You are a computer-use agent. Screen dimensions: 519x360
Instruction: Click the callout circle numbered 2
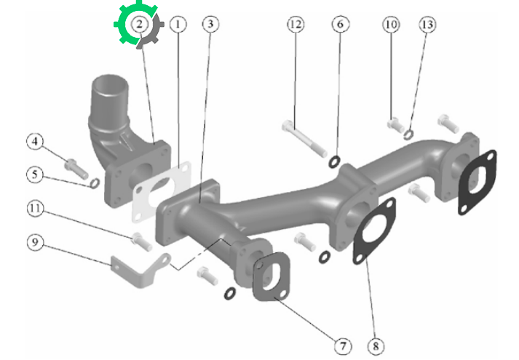coord(139,24)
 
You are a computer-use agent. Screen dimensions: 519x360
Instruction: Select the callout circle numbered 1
coord(178,24)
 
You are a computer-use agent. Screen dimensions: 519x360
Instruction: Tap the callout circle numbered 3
coord(210,24)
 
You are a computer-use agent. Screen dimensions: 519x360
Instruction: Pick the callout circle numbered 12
coord(296,25)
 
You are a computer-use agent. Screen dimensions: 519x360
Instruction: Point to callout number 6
coord(341,24)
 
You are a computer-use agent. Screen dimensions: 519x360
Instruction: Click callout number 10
coord(391,25)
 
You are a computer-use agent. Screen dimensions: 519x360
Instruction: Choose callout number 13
coord(427,25)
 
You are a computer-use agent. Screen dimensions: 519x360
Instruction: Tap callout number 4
coord(35,142)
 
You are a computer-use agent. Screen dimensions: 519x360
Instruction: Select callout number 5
coord(35,175)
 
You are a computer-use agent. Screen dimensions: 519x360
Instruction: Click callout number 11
coord(35,209)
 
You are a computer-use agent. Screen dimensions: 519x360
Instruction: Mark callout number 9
coord(35,243)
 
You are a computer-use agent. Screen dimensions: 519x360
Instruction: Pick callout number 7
coord(343,346)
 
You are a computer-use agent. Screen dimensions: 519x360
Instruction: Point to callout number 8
coord(376,346)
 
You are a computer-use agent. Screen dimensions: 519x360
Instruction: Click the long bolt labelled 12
coord(304,138)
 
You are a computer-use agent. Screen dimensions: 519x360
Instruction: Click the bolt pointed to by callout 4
coord(76,169)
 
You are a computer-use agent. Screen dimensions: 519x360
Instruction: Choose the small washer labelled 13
coord(408,135)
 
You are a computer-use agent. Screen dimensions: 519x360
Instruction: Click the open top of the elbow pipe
coord(110,84)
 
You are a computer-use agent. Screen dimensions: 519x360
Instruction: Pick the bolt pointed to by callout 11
coord(142,241)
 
